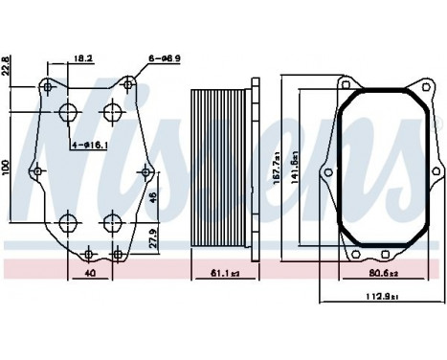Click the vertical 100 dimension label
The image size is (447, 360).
7,168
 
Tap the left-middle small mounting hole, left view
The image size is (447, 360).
36,172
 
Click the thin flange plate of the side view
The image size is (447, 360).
254,172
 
